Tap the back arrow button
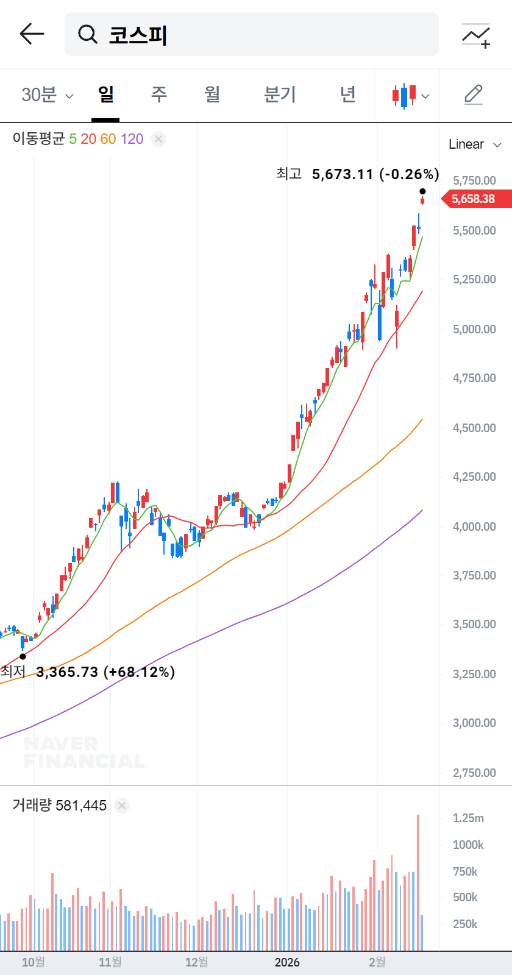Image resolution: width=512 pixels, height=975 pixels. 32,34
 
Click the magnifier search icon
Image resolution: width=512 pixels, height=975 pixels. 88,34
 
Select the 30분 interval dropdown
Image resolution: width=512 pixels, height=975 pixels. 47,95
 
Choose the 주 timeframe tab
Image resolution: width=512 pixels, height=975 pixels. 159,94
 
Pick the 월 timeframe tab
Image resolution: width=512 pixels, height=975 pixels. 212,94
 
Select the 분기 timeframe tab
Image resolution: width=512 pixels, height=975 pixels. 280,94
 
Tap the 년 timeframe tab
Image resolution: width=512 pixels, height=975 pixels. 347,94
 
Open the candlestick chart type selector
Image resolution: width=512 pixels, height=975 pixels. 410,96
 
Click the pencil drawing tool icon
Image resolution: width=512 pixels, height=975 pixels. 474,95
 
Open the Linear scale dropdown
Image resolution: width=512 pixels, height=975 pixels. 475,144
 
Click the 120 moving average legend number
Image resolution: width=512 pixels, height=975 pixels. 132,139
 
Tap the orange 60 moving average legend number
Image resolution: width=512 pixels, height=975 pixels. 108,139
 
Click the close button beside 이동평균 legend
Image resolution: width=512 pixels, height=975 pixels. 158,139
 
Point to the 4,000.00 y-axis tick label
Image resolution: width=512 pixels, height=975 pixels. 474,526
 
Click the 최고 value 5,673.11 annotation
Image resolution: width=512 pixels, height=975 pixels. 342,174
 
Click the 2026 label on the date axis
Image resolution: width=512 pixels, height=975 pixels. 287,962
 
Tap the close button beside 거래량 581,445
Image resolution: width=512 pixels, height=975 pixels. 122,806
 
